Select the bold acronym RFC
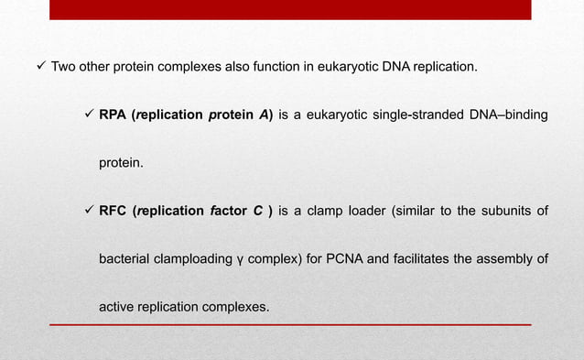pyautogui.click(x=113, y=212)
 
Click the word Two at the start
pyautogui.click(x=63, y=67)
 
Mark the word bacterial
pyautogui.click(x=126, y=259)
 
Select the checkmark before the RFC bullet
pyautogui.click(x=89, y=212)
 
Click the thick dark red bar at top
pyautogui.click(x=290, y=9)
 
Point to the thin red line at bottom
pyautogui.click(x=290, y=325)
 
